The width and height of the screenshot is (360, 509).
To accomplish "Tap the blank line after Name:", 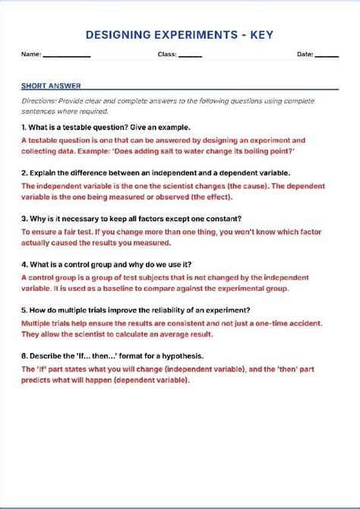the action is pyautogui.click(x=66, y=55).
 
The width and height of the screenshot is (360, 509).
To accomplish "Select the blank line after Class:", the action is pyautogui.click(x=190, y=55).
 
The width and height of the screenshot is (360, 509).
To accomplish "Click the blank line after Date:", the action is pyautogui.click(x=327, y=55).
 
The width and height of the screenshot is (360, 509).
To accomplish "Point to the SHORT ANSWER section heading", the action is pyautogui.click(x=51, y=86).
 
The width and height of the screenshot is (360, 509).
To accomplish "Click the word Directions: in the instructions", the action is pyautogui.click(x=38, y=101).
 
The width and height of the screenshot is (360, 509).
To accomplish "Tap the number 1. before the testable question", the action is pyautogui.click(x=24, y=128).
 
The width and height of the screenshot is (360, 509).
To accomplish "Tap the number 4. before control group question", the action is pyautogui.click(x=24, y=264).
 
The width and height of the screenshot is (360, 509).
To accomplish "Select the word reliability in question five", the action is pyautogui.click(x=156, y=310).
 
